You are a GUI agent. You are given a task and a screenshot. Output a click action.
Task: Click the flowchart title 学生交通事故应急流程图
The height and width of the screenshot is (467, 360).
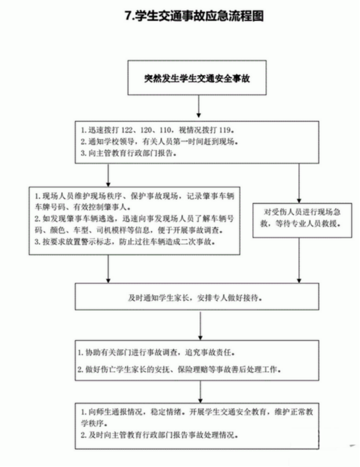coord(199,16)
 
